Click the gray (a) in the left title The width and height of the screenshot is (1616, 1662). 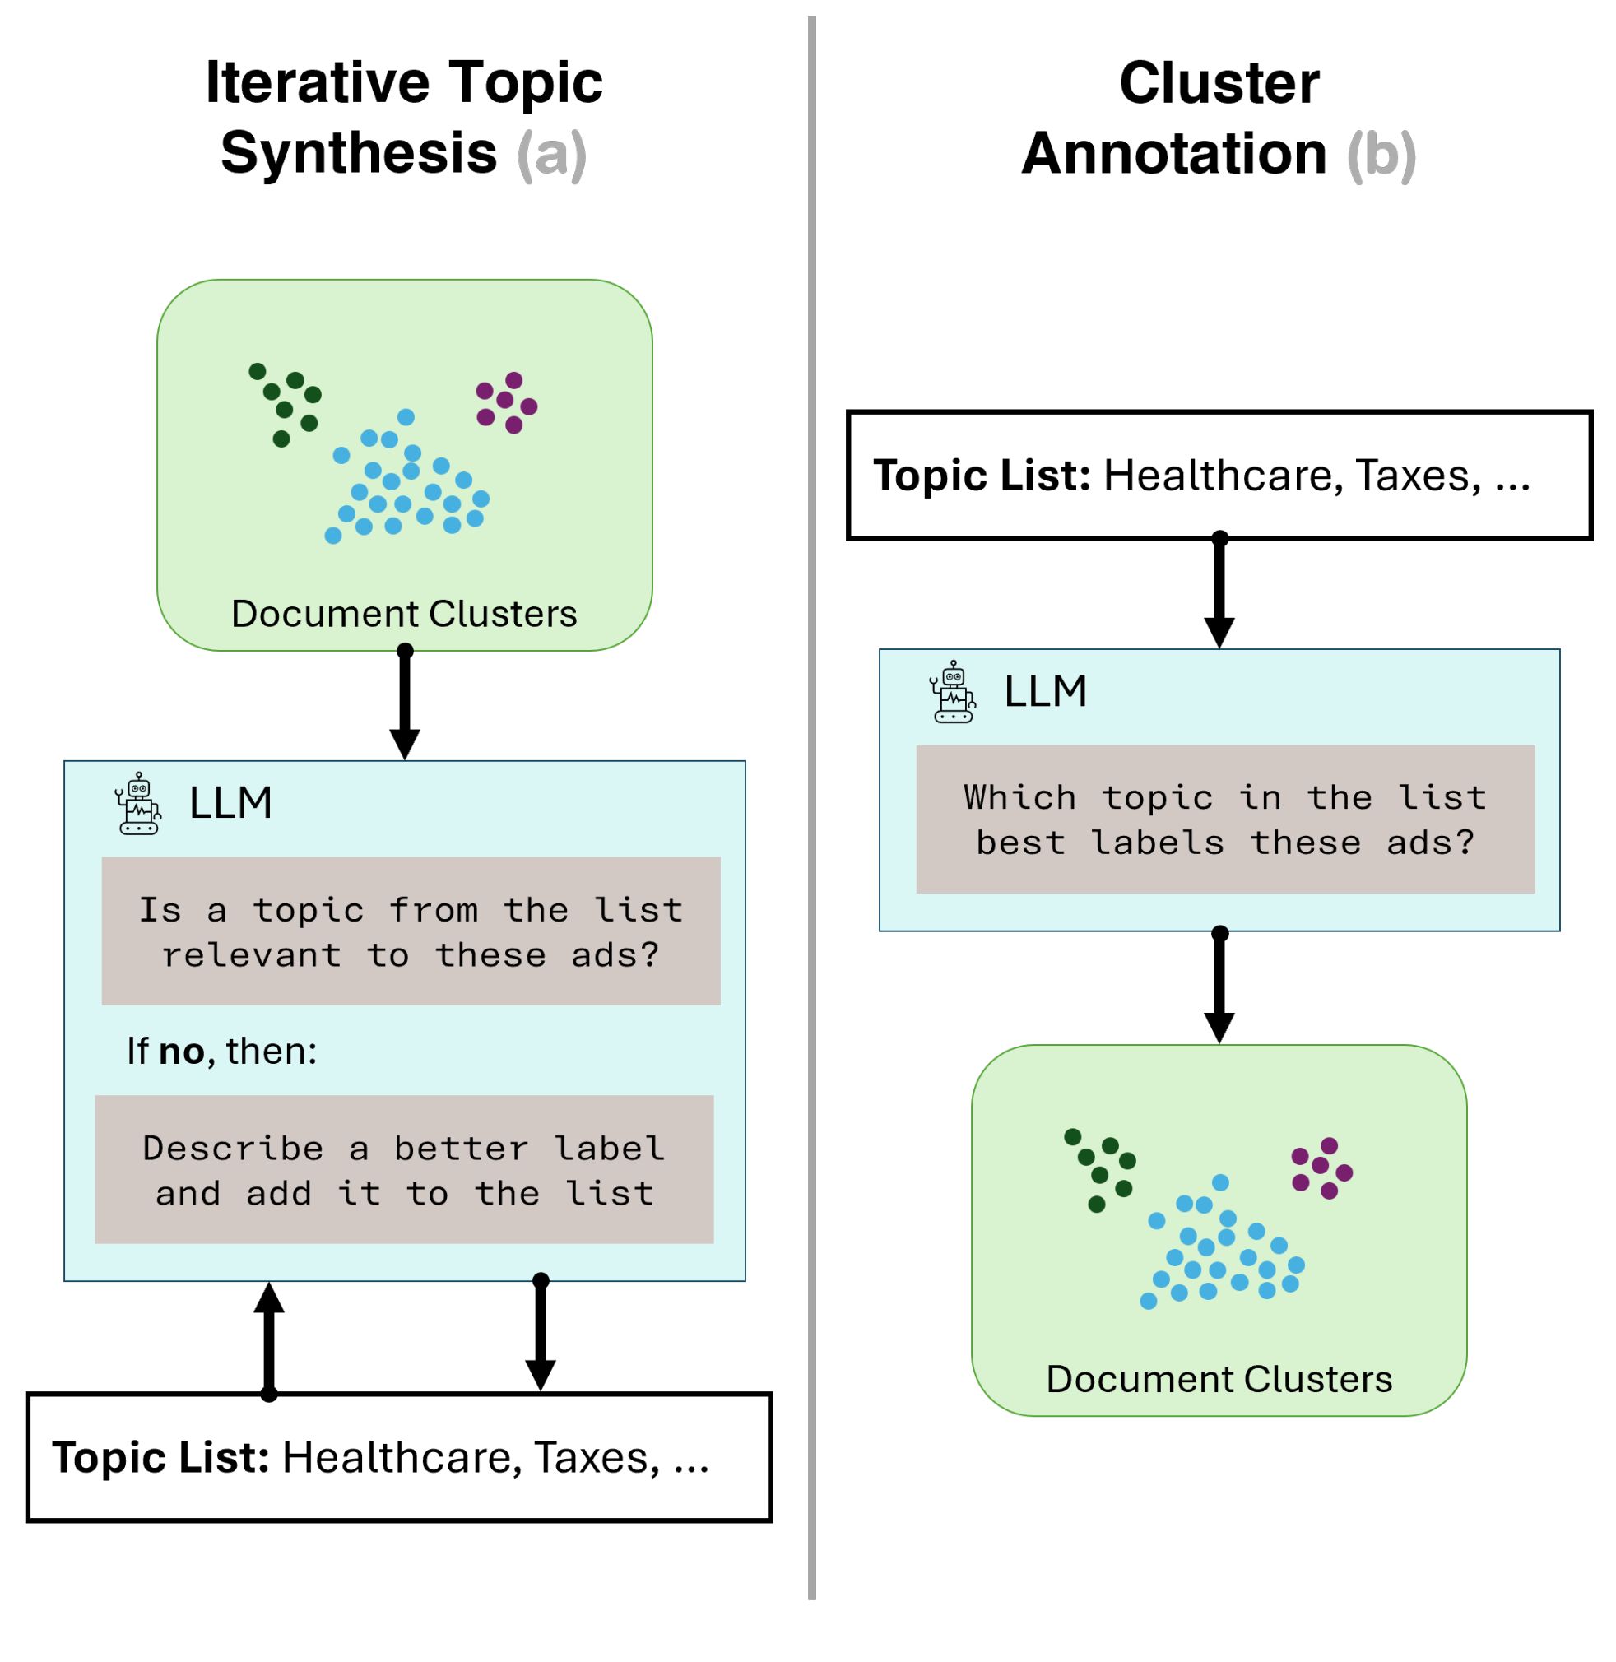(x=551, y=155)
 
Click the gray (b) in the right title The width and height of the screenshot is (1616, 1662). (x=1381, y=155)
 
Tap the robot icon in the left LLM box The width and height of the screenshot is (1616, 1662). (x=138, y=803)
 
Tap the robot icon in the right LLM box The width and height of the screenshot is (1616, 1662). (x=952, y=692)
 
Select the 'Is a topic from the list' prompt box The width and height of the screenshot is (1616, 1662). (x=411, y=931)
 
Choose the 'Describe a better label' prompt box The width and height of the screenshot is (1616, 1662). (x=404, y=1170)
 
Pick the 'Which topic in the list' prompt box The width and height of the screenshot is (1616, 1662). (x=1224, y=819)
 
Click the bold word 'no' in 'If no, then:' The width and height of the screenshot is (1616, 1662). (x=182, y=1052)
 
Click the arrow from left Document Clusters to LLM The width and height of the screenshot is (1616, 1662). (x=405, y=704)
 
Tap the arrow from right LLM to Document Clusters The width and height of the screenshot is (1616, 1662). (x=1219, y=987)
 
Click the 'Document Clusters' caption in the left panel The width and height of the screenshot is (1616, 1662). (x=404, y=614)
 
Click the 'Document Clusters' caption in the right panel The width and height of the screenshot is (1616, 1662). (x=1219, y=1378)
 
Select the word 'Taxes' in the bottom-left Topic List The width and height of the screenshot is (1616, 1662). (x=597, y=1457)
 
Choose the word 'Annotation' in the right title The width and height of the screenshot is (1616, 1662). (x=1174, y=154)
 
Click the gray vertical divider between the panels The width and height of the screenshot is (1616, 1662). (x=812, y=806)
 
